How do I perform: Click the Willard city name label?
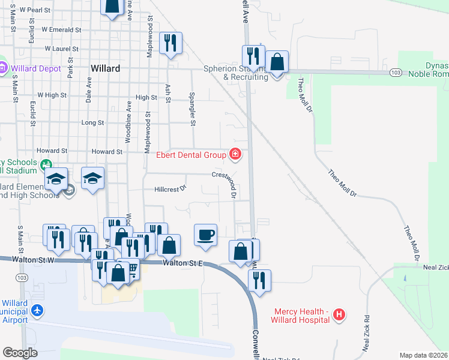click(x=105, y=68)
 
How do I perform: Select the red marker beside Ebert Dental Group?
click(x=235, y=155)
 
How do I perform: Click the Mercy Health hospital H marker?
click(x=339, y=314)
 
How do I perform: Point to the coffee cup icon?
click(x=205, y=234)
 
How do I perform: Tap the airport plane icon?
click(x=37, y=310)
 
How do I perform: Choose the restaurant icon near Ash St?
click(x=170, y=43)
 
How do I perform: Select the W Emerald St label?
click(x=61, y=29)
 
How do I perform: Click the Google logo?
click(x=20, y=353)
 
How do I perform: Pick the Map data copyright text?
click(x=424, y=355)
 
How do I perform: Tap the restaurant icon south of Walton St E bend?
click(x=259, y=280)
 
